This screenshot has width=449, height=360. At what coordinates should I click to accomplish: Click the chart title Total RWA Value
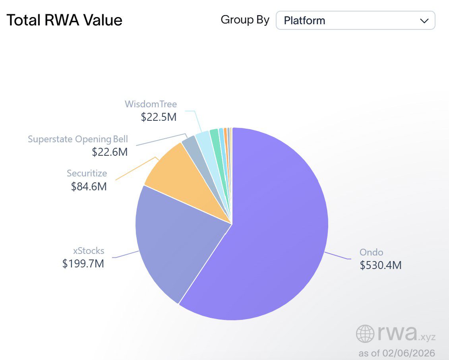[64, 20]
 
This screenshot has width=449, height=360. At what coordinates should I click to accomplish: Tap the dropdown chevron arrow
[424, 21]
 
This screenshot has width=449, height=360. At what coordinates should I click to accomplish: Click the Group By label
[245, 20]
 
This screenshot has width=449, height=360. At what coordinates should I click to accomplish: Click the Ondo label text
[371, 252]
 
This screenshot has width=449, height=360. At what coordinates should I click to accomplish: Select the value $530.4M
[381, 265]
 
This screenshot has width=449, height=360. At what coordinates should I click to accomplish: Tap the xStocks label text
[89, 251]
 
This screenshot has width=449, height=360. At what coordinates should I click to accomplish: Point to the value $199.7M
[83, 263]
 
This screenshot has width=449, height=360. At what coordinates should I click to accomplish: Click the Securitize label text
[87, 173]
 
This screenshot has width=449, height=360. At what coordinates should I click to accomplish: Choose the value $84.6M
[89, 186]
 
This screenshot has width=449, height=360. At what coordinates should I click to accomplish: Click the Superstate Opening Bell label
[78, 139]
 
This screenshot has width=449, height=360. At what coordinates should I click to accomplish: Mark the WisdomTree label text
[151, 104]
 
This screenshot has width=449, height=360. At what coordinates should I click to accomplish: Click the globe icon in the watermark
[365, 334]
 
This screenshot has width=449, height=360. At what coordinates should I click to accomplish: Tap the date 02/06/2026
[409, 353]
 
